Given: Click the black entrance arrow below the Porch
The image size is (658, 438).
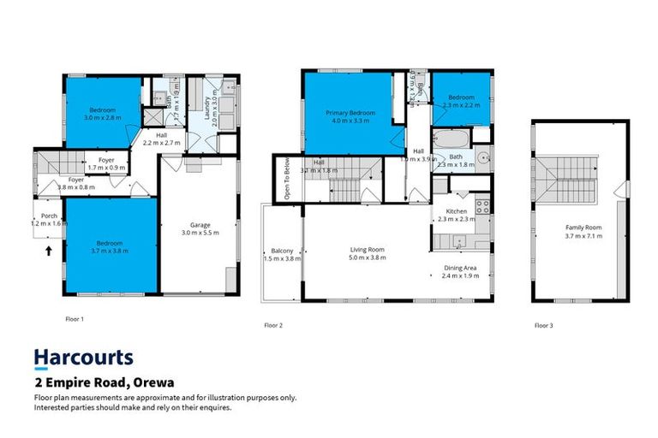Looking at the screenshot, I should point(49,252).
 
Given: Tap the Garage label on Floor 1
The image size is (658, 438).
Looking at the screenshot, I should point(200,225).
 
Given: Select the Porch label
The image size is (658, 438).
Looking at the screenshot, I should point(47,215).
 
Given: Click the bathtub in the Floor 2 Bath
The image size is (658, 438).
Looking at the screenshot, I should point(450,138).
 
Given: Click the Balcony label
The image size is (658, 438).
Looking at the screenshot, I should point(282,250).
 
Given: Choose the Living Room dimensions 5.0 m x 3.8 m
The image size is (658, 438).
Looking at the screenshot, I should point(367,258).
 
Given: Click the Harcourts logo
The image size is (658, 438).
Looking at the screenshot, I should point(83,358).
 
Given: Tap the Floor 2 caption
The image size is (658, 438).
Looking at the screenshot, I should point(273,325).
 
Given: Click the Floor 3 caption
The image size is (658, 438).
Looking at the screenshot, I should point(543,325).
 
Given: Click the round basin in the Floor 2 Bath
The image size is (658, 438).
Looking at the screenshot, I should point(482,157).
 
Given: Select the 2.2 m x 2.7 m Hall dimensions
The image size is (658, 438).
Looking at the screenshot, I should point(161,143).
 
